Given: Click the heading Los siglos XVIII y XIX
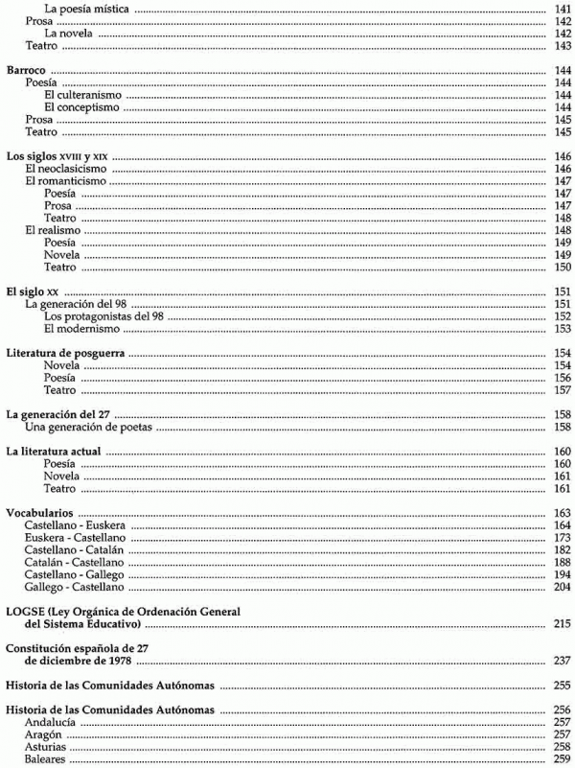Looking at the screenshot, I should (57, 155).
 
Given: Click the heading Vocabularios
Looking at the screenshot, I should (42, 513).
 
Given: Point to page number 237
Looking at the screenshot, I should (563, 661).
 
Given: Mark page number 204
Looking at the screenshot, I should (563, 586).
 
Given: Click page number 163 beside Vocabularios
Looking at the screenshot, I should (563, 513).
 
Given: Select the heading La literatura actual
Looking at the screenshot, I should (54, 451).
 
